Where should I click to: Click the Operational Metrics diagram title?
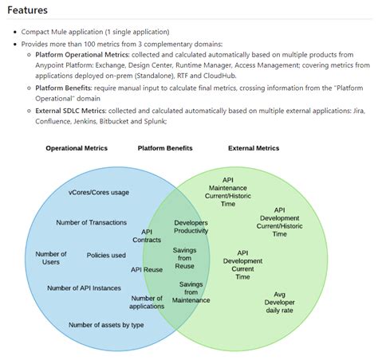(x=77, y=148)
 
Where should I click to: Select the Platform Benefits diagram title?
(x=166, y=148)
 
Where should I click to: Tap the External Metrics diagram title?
(x=254, y=148)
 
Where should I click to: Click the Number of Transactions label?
(x=91, y=222)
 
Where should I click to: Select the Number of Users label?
(x=51, y=258)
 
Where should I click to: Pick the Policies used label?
(x=106, y=256)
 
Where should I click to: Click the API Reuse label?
(x=147, y=270)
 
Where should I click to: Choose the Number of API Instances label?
(x=83, y=288)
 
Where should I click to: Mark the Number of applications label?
(x=147, y=302)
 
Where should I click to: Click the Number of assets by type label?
(x=106, y=325)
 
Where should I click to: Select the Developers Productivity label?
(x=191, y=226)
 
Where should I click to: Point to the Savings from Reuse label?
(x=184, y=258)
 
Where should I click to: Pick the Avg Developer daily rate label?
(x=279, y=303)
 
